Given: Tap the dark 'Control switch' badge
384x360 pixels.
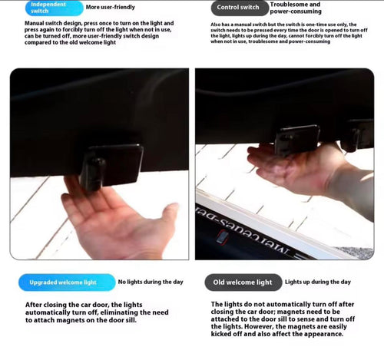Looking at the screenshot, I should point(238,8).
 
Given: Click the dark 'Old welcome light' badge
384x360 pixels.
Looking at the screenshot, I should point(242,282).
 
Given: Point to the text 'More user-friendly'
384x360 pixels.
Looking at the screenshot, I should point(111,8).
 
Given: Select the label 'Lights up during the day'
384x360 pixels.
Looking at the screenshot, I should point(318,282).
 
